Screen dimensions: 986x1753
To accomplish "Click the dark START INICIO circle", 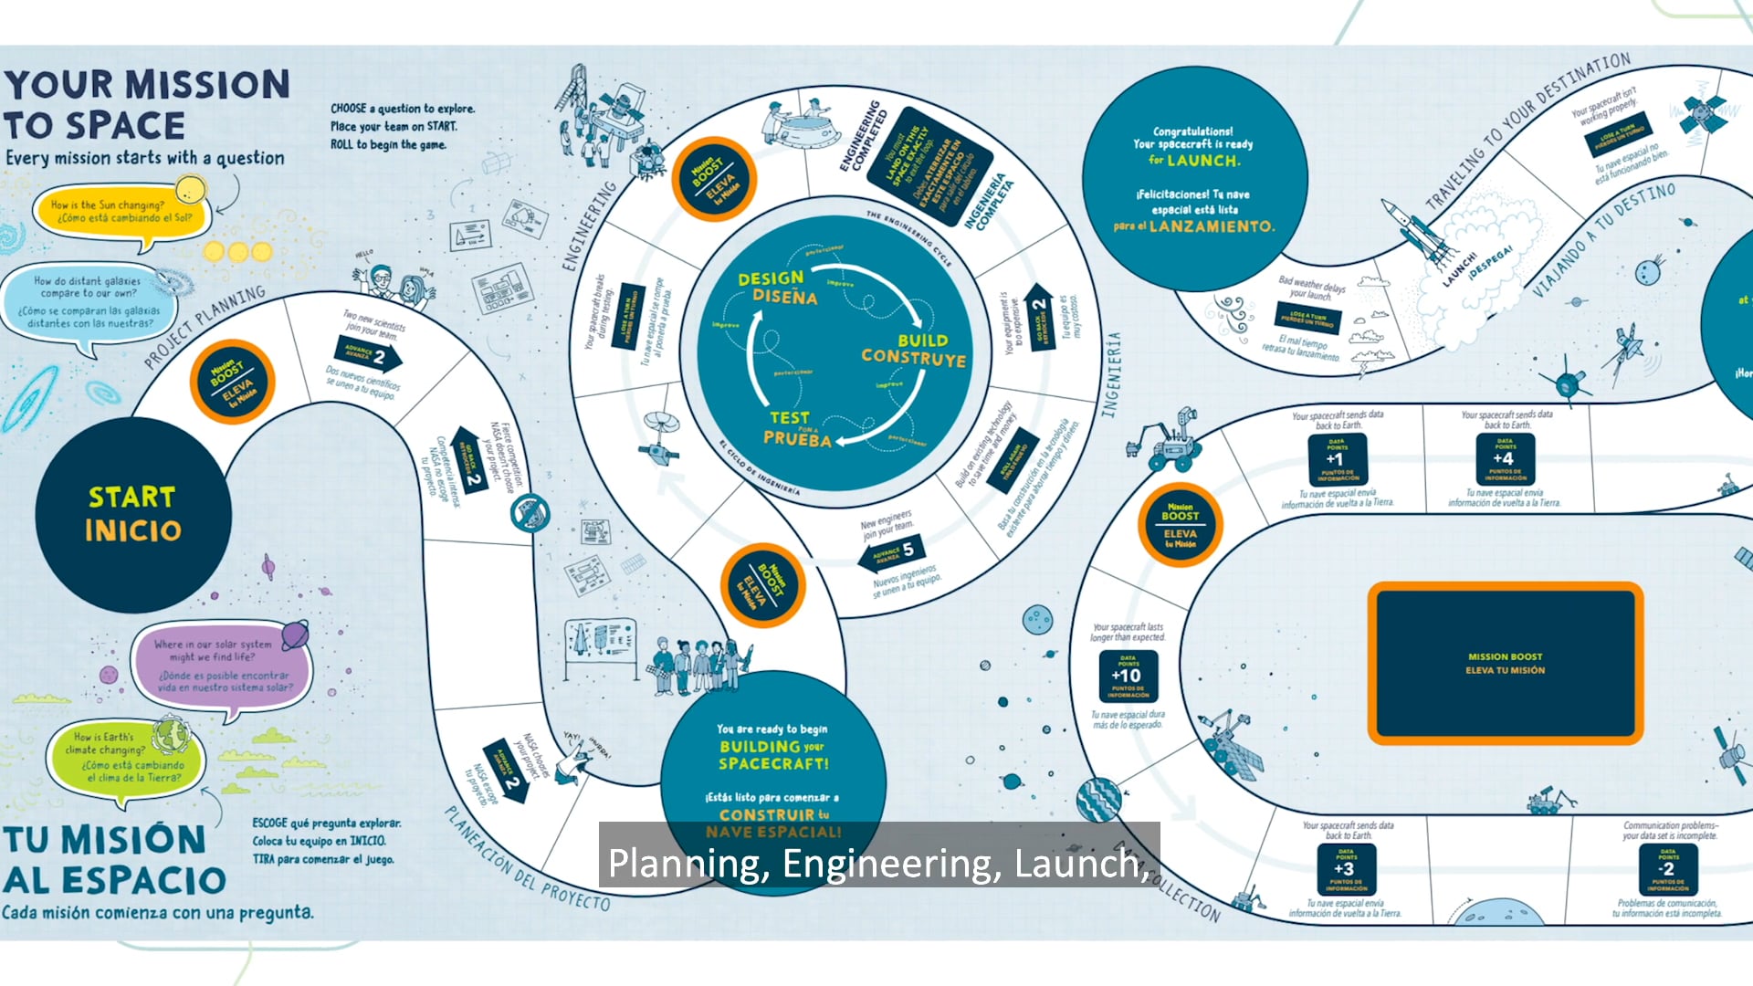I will point(132,514).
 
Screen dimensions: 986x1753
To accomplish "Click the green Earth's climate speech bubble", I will point(126,757).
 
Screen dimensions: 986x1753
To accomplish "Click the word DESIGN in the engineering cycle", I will point(771,278).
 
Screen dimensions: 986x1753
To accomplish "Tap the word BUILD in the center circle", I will point(922,341).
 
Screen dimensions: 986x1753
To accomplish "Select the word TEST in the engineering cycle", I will point(789,418).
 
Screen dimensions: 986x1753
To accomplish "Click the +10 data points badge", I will point(1128,677).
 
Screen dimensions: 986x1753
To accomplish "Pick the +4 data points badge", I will point(1504,458).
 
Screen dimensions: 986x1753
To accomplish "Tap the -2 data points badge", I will point(1667,868).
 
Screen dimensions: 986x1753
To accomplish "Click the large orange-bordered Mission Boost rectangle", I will point(1505,664).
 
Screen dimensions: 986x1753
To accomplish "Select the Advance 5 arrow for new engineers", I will point(891,551).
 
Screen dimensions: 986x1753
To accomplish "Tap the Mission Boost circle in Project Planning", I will point(232,382).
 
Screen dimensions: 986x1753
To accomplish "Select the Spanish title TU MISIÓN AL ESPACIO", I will point(114,859).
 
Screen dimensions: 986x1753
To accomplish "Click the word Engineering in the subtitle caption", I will point(891,864).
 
